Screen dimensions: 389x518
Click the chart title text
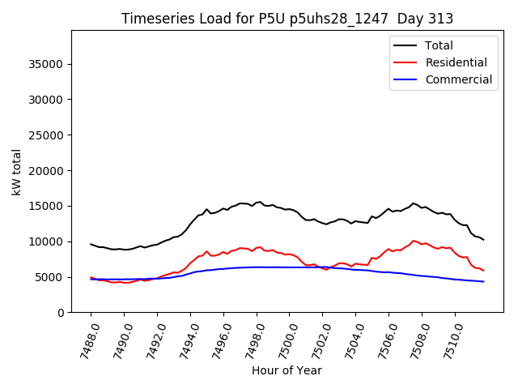[287, 19]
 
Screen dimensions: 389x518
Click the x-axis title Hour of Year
[287, 370]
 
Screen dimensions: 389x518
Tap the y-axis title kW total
[17, 172]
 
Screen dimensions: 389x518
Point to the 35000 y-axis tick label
[47, 64]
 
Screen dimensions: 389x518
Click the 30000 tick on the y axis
[47, 100]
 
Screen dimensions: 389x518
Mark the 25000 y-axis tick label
[47, 135]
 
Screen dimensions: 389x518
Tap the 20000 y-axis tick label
[47, 171]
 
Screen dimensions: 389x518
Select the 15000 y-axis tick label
[47, 206]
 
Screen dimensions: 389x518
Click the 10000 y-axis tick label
[47, 242]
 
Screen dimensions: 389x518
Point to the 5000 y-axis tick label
[50, 277]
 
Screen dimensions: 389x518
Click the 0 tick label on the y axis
[61, 313]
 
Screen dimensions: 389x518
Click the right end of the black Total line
[483, 240]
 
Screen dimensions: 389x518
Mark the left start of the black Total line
[91, 244]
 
